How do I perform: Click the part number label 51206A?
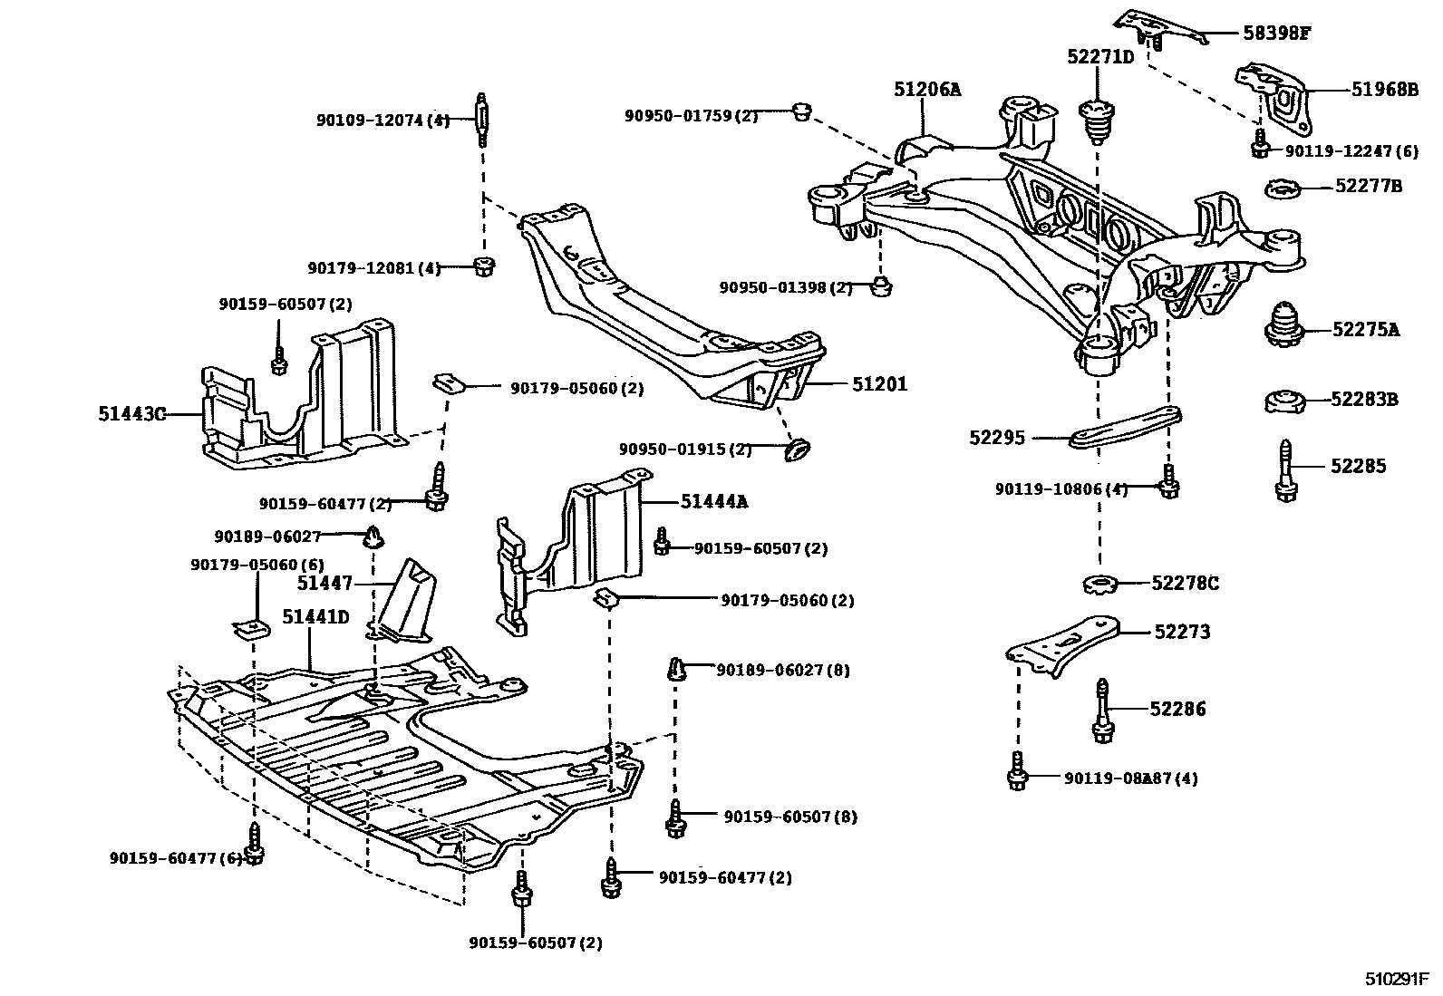pyautogui.click(x=926, y=89)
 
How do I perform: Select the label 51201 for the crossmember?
pyautogui.click(x=878, y=385)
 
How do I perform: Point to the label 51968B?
pyautogui.click(x=1384, y=90)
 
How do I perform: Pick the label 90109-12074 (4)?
pyautogui.click(x=383, y=120)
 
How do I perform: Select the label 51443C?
pyautogui.click(x=132, y=414)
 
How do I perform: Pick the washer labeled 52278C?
pyautogui.click(x=1100, y=583)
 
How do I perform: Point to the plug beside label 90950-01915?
pyautogui.click(x=798, y=450)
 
